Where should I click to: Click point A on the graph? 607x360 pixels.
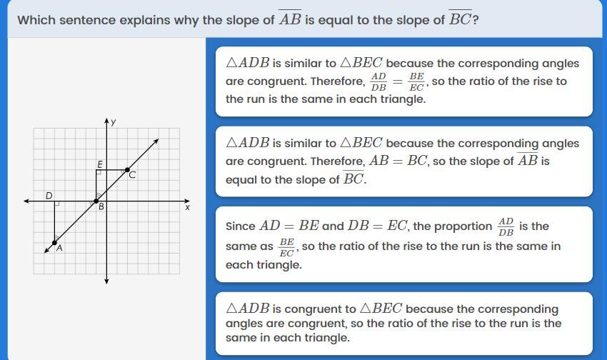pyautogui.click(x=54, y=243)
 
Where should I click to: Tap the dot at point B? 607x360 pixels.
pyautogui.click(x=96, y=201)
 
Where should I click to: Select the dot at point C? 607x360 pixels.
pyautogui.click(x=127, y=170)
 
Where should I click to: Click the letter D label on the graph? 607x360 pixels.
pyautogui.click(x=49, y=196)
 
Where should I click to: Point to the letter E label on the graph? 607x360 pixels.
pyautogui.click(x=100, y=164)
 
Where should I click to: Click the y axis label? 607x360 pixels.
pyautogui.click(x=113, y=122)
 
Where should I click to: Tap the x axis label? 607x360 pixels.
pyautogui.click(x=187, y=207)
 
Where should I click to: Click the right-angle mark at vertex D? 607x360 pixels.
pyautogui.click(x=57, y=204)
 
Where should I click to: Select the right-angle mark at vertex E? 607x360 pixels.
pyautogui.click(x=99, y=172)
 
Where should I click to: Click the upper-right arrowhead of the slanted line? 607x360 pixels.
pyautogui.click(x=156, y=141)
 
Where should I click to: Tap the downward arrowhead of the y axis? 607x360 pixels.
pyautogui.click(x=106, y=281)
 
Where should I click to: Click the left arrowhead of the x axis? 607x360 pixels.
pyautogui.click(x=26, y=201)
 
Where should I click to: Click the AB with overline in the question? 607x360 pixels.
pyautogui.click(x=290, y=18)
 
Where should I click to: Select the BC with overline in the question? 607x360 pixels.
pyautogui.click(x=461, y=18)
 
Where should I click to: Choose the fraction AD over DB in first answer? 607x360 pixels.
pyautogui.click(x=378, y=81)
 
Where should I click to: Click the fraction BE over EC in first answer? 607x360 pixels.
pyautogui.click(x=416, y=81)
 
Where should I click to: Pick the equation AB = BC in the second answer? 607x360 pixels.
pyautogui.click(x=398, y=161)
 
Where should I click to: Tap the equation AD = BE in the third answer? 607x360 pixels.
pyautogui.click(x=289, y=226)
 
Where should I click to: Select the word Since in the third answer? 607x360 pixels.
pyautogui.click(x=241, y=226)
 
